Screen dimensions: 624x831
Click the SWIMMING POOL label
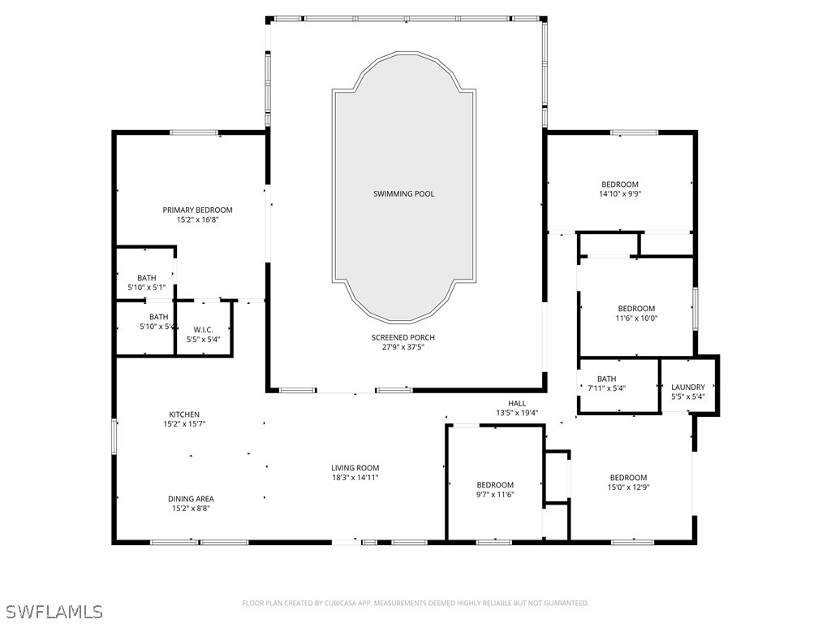pyautogui.click(x=403, y=193)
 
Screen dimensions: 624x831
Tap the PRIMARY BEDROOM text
pyautogui.click(x=197, y=210)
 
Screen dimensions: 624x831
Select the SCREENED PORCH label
pyautogui.click(x=403, y=337)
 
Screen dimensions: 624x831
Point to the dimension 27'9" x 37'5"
pyautogui.click(x=403, y=347)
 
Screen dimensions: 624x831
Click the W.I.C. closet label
pyautogui.click(x=203, y=330)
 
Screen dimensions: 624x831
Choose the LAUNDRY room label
pyautogui.click(x=688, y=387)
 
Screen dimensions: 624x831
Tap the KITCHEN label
pyautogui.click(x=184, y=414)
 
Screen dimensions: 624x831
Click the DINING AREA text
pyautogui.click(x=192, y=499)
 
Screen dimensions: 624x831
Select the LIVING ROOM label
pyautogui.click(x=355, y=468)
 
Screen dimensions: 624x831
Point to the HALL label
pyautogui.click(x=517, y=403)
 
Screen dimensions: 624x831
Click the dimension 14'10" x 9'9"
pyautogui.click(x=619, y=194)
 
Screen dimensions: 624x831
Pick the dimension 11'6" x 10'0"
pyautogui.click(x=636, y=318)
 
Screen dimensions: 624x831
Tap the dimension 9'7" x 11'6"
pyautogui.click(x=495, y=495)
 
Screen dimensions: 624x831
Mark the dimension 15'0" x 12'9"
pyautogui.click(x=628, y=487)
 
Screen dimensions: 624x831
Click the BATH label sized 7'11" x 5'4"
pyautogui.click(x=606, y=379)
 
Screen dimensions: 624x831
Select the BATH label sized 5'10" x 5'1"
pyautogui.click(x=147, y=278)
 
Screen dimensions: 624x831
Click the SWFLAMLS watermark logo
pyautogui.click(x=53, y=611)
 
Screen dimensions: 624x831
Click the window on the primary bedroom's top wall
pyautogui.click(x=193, y=132)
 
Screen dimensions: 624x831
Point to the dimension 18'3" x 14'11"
pyautogui.click(x=355, y=478)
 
